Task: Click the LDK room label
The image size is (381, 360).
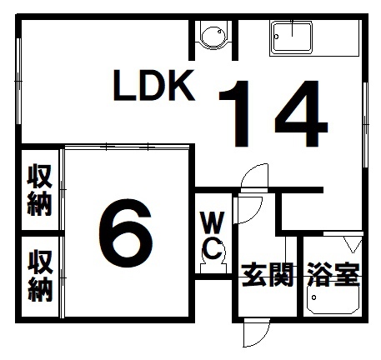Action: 153,85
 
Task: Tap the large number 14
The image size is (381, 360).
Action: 273,113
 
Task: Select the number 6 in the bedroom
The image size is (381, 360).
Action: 126,232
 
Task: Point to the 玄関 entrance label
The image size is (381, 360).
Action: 268,275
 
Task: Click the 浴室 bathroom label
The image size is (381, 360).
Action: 333,274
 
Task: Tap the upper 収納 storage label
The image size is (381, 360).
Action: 40,190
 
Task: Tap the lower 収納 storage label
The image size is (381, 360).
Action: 40,275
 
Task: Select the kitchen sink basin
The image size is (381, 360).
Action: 292,37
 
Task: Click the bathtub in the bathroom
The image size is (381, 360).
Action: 333,299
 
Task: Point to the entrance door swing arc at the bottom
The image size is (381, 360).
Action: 264,337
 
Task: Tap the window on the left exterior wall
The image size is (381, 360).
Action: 18,81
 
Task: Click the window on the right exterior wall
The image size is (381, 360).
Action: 365,125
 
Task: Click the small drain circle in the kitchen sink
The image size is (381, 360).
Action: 276,37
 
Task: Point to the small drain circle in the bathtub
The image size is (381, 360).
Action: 313,297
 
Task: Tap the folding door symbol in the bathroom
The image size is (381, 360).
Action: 353,244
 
